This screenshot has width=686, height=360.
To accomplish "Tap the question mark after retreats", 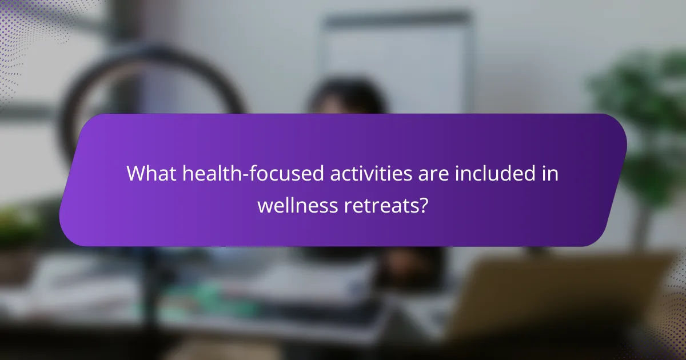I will pos(424,205).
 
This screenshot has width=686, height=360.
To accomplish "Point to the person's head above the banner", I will pos(349,97).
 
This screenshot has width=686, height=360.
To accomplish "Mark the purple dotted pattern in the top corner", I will pos(23,29).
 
